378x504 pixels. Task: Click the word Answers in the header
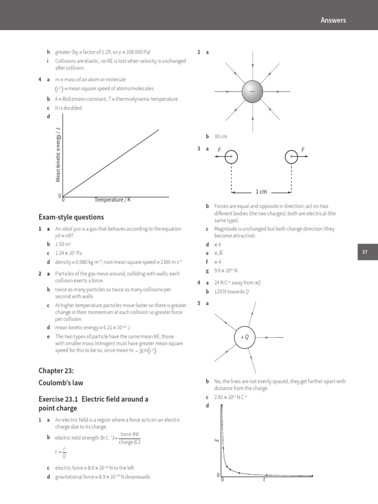tap(333, 20)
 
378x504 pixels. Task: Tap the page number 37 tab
tap(365, 252)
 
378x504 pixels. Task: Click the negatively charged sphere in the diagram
tap(253, 92)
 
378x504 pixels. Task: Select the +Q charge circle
tap(245, 337)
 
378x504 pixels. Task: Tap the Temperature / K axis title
tap(113, 200)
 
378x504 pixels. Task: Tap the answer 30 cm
tap(220, 136)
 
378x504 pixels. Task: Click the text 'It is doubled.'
tap(69, 108)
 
